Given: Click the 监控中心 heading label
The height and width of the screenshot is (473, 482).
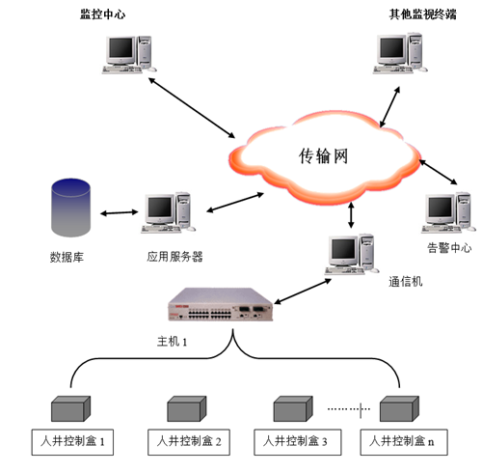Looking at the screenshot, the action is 102,14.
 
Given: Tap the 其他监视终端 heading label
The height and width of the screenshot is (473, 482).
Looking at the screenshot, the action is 422,14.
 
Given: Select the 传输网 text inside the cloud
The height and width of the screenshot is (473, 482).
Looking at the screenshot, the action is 323,156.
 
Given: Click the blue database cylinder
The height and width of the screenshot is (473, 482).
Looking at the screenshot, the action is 70,208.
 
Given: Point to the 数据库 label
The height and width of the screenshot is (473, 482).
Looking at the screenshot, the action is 67,257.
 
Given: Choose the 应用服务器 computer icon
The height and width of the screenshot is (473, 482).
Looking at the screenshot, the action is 168,212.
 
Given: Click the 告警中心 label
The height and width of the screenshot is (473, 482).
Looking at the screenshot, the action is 449,248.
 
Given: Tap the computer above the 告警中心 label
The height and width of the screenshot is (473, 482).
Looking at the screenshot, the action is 448,212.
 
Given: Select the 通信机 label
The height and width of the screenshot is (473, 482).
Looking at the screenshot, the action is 406,282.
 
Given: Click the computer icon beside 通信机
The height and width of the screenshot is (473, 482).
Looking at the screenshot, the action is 352,254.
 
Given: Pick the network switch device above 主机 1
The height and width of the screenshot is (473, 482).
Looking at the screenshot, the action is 221,304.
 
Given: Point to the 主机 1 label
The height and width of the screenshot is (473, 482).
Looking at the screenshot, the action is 172,342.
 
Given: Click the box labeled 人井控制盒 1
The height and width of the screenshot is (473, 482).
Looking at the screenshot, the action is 72,442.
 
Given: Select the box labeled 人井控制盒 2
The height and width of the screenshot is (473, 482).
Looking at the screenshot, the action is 189,442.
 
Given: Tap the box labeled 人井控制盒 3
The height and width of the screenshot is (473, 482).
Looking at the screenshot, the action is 297,442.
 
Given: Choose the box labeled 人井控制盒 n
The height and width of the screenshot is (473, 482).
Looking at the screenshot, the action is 404,442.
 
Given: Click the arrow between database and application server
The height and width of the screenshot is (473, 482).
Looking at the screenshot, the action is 120,212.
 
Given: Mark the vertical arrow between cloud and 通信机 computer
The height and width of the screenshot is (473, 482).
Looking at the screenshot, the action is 351,215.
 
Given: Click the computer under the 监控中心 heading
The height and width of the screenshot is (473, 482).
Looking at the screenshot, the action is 129,55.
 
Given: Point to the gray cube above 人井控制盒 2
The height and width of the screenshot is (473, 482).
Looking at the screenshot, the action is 187,408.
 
